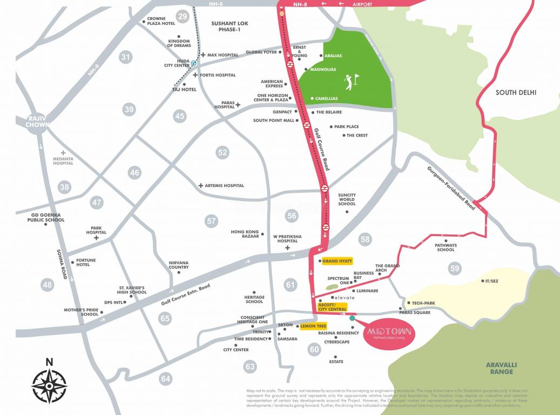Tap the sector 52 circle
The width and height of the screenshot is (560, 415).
(222, 152)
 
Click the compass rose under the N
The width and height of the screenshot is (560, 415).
(49, 386)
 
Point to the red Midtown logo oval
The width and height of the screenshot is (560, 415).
(390, 333)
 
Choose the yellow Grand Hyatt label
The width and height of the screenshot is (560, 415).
(338, 261)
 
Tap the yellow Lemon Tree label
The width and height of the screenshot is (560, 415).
(311, 326)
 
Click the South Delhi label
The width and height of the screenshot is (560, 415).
(516, 92)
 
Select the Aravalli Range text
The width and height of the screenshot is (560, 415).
(501, 369)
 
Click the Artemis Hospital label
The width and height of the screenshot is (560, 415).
(225, 185)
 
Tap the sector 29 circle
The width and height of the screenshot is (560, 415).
(183, 17)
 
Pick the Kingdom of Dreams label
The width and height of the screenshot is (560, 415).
(179, 43)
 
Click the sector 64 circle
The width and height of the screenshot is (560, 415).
(165, 379)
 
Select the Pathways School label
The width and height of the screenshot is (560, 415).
(446, 247)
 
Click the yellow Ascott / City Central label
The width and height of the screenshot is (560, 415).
(333, 307)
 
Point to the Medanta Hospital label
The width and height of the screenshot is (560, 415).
(63, 160)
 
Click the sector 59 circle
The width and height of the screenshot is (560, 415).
(455, 268)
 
